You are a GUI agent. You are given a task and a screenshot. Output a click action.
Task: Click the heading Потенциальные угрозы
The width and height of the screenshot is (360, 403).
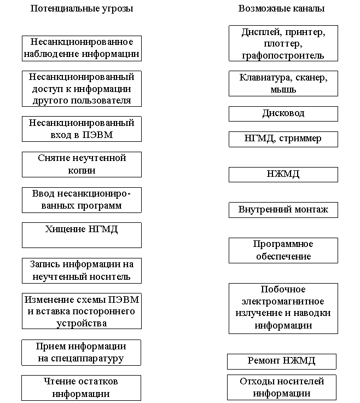(x=82, y=9)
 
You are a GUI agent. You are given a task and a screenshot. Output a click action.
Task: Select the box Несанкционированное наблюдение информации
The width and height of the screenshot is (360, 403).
(x=82, y=48)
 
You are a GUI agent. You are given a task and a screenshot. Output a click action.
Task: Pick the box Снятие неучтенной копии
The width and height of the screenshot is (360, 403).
(x=82, y=164)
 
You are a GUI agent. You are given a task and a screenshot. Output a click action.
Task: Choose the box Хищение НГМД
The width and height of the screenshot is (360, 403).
(x=82, y=235)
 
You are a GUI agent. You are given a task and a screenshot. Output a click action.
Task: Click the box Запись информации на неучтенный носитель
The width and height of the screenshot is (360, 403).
(x=82, y=270)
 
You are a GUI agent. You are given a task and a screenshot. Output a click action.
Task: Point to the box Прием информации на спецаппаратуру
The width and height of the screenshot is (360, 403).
(x=81, y=353)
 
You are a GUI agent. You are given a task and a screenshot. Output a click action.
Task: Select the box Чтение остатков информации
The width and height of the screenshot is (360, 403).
(x=81, y=388)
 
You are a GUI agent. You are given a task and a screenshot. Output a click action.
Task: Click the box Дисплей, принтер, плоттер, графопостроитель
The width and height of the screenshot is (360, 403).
(x=283, y=43)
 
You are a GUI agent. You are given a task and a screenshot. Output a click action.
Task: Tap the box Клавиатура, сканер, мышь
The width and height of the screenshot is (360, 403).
(x=283, y=83)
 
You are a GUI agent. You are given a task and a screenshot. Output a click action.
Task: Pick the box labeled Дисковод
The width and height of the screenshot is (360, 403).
(x=283, y=113)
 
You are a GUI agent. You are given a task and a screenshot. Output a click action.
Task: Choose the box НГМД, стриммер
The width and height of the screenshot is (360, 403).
(x=283, y=139)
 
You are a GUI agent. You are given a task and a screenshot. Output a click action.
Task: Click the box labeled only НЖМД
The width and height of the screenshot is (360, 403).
(x=283, y=175)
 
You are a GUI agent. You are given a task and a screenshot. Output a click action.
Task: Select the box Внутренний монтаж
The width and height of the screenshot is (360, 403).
(x=283, y=210)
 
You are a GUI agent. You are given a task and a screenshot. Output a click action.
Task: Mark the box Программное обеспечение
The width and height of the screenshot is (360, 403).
(x=283, y=250)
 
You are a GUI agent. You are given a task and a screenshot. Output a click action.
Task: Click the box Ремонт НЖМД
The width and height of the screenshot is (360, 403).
(x=281, y=361)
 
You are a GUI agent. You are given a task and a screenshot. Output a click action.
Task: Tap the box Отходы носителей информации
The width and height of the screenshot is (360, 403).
(x=281, y=388)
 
